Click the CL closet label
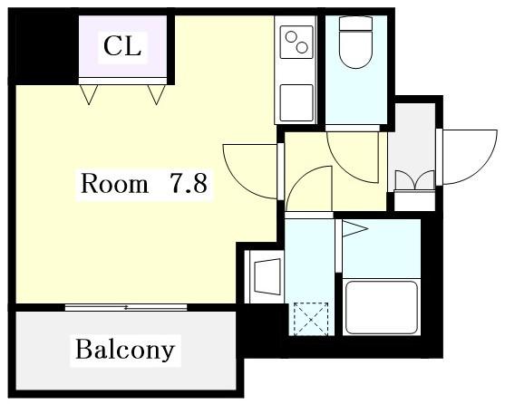(x=122, y=47)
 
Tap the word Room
(x=114, y=183)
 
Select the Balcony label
(x=125, y=350)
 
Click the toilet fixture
(x=356, y=43)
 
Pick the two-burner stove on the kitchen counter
(x=296, y=42)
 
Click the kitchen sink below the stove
(x=296, y=102)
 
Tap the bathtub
(x=382, y=308)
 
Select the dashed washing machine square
(x=311, y=319)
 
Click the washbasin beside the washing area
(x=267, y=276)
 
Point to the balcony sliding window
(x=126, y=307)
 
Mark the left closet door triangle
(x=89, y=94)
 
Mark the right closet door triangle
(x=157, y=94)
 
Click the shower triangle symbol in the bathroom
(x=354, y=229)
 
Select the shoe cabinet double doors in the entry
(x=415, y=180)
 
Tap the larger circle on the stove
(x=302, y=48)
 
